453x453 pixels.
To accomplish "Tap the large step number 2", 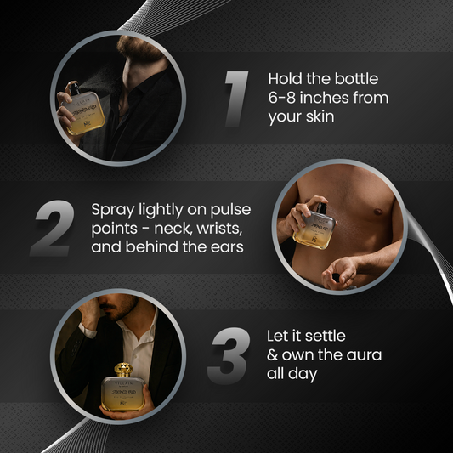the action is pyautogui.click(x=53, y=228).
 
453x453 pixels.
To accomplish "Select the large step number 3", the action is pyautogui.click(x=229, y=355).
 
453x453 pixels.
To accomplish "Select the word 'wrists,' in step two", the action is pyautogui.click(x=219, y=229).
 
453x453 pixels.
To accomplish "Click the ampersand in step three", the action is pyautogui.click(x=272, y=355).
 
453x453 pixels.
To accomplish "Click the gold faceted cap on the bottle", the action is pyautogui.click(x=123, y=370).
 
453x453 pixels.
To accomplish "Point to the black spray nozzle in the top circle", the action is pyautogui.click(x=75, y=89).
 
